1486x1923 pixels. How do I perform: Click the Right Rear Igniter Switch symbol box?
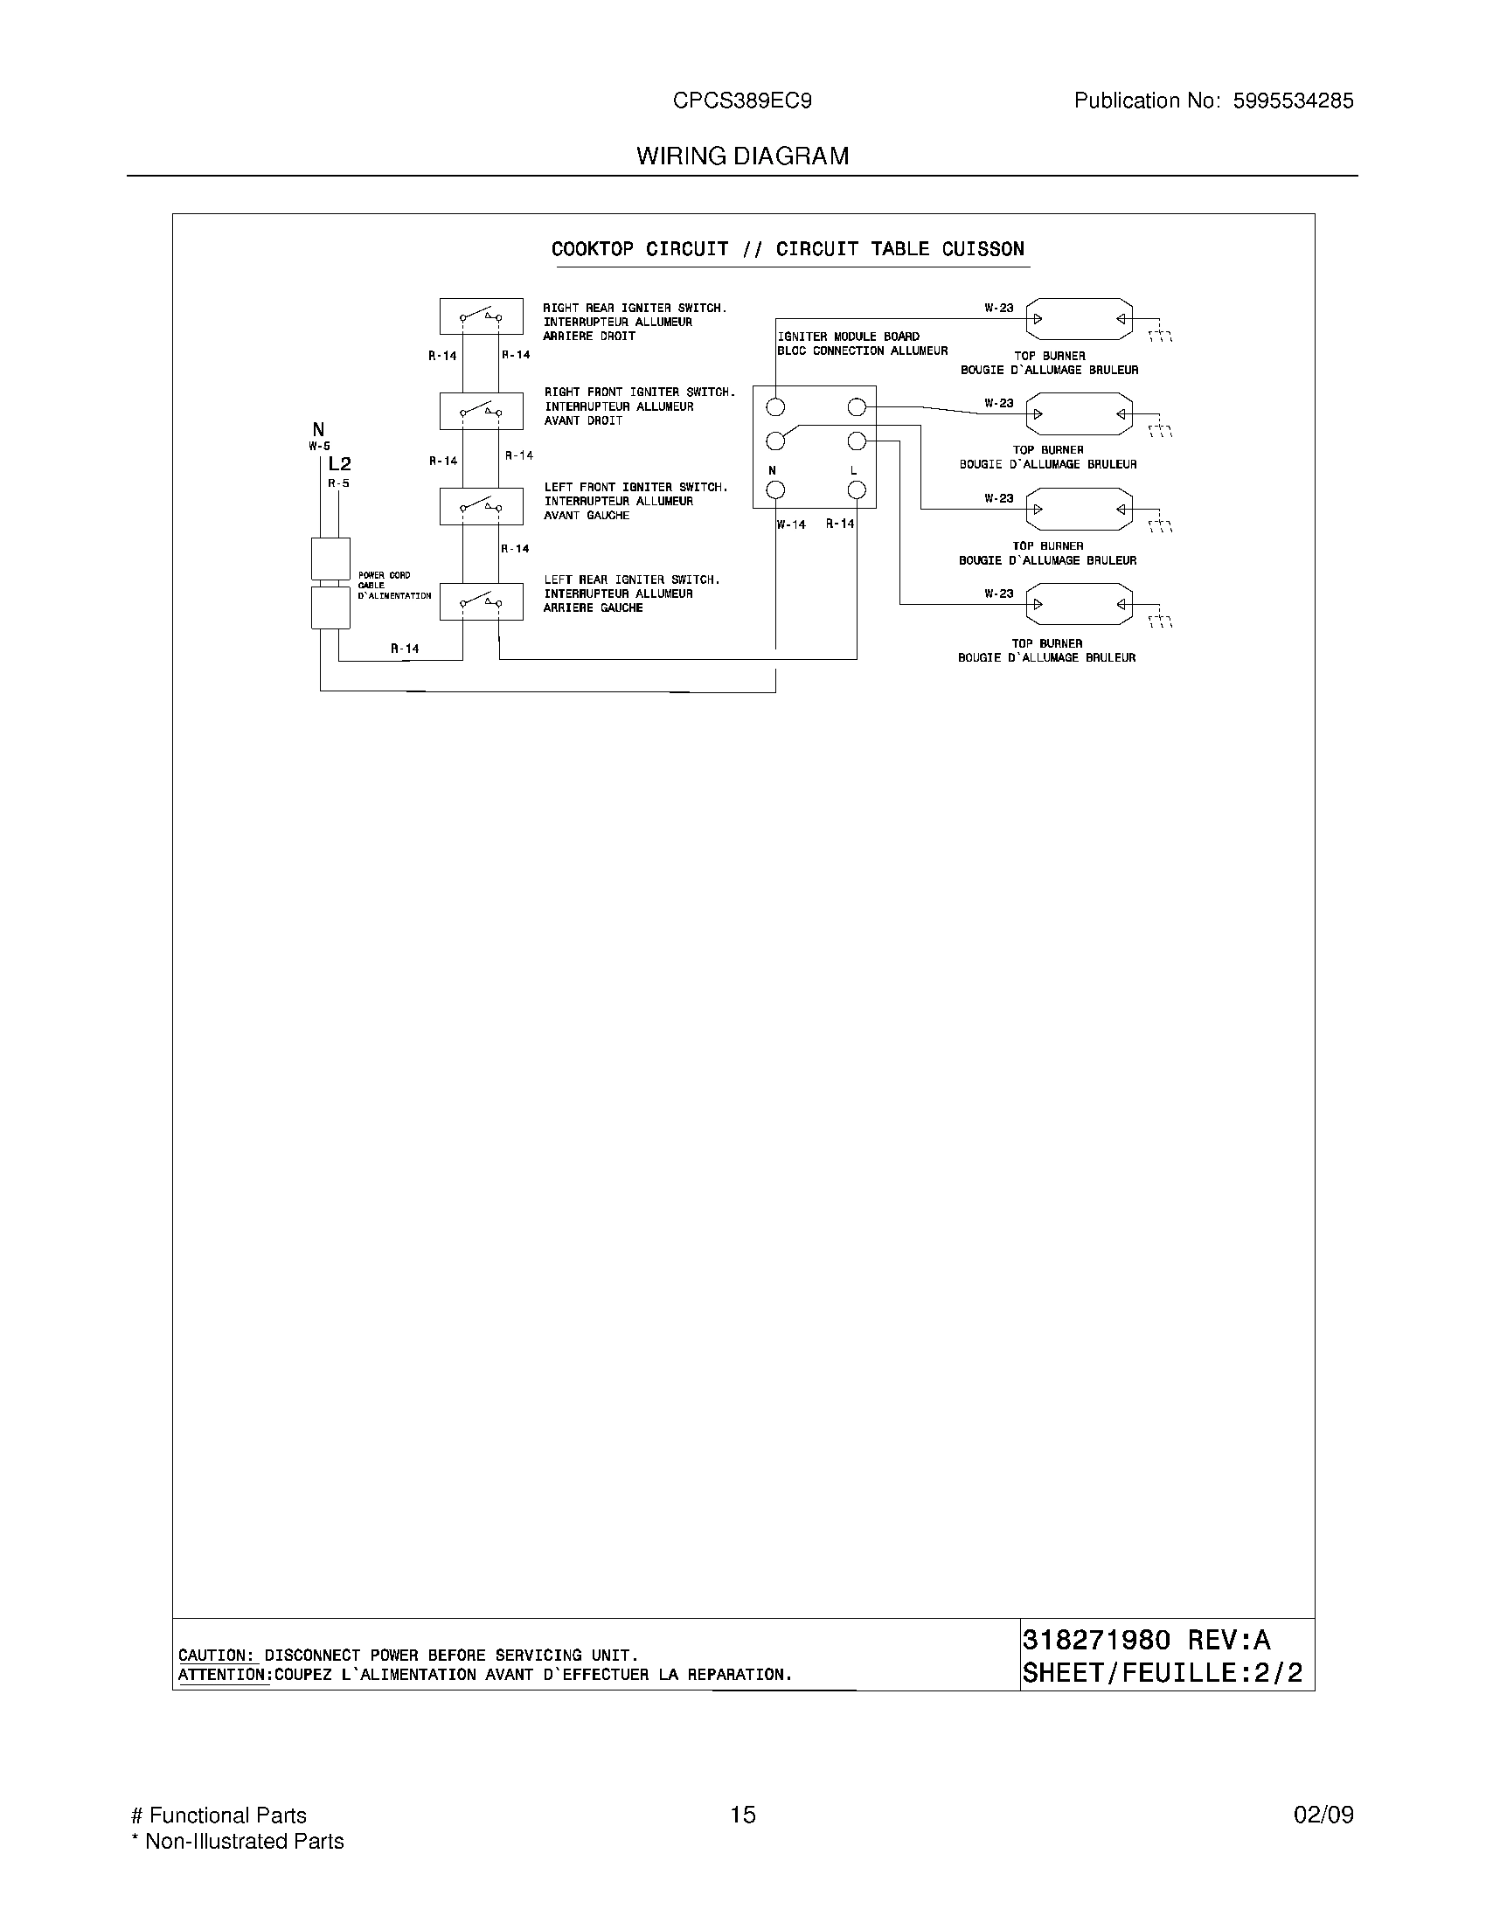(x=481, y=316)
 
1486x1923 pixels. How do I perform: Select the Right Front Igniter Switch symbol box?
(x=481, y=411)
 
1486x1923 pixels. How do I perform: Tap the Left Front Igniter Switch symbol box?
(x=481, y=506)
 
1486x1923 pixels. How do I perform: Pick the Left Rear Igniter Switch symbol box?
(x=481, y=601)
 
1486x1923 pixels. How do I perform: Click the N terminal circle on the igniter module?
(x=775, y=489)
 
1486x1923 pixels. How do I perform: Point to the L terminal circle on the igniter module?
(x=857, y=489)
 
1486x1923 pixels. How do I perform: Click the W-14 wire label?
(x=790, y=524)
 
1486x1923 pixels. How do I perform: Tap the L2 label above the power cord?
(x=339, y=464)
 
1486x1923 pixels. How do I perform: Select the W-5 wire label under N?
(x=319, y=447)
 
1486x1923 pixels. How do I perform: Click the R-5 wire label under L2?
(x=339, y=483)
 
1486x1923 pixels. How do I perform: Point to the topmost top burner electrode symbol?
(x=1080, y=319)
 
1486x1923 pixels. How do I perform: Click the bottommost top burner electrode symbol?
(x=1080, y=604)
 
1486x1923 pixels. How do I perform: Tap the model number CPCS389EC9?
(x=742, y=101)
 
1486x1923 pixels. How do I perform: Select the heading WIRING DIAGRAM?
(x=742, y=156)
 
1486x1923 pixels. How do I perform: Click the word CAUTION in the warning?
(x=214, y=1656)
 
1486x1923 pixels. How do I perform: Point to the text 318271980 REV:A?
(x=1146, y=1641)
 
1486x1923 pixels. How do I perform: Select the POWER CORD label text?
(x=384, y=576)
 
